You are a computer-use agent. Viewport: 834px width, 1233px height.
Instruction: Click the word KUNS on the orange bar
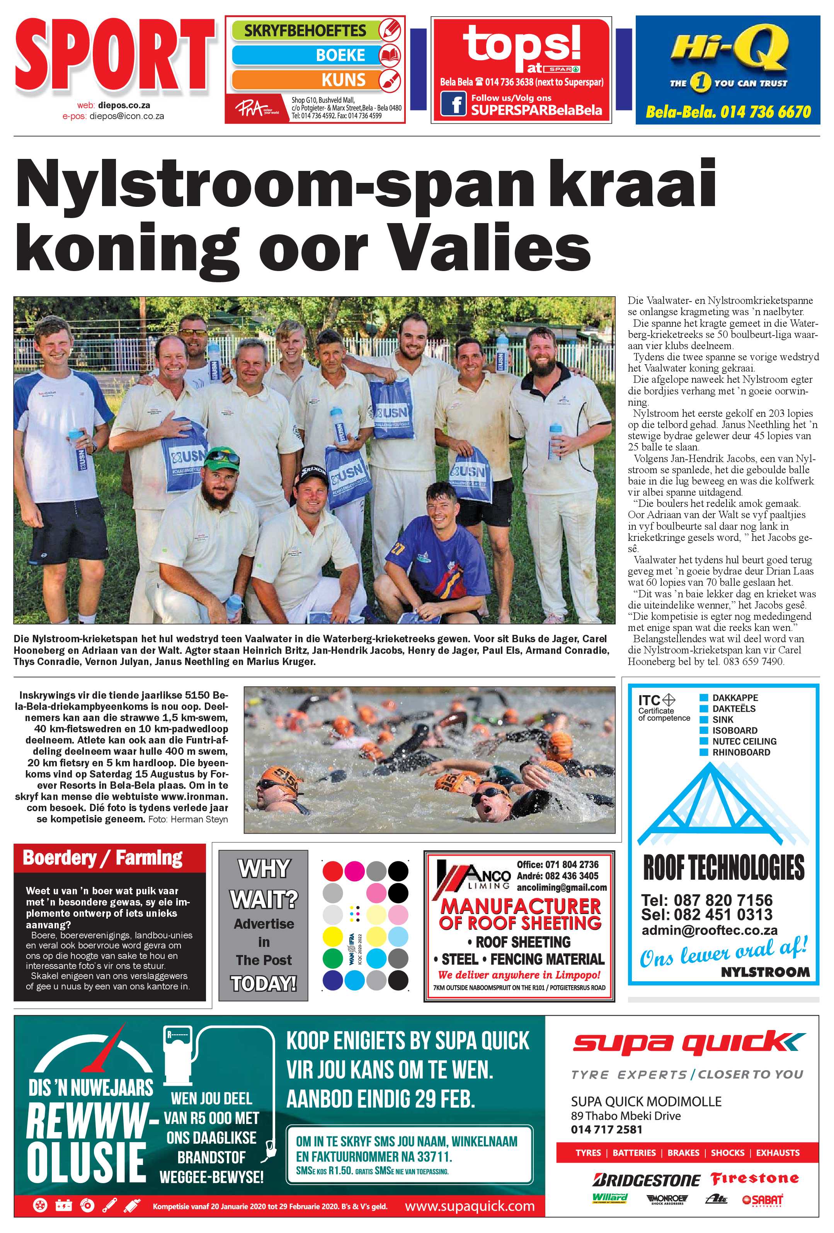pos(343,80)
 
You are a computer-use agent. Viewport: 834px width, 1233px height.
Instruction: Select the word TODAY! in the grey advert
pos(264,983)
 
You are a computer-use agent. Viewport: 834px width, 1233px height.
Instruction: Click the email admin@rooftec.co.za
pos(710,930)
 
